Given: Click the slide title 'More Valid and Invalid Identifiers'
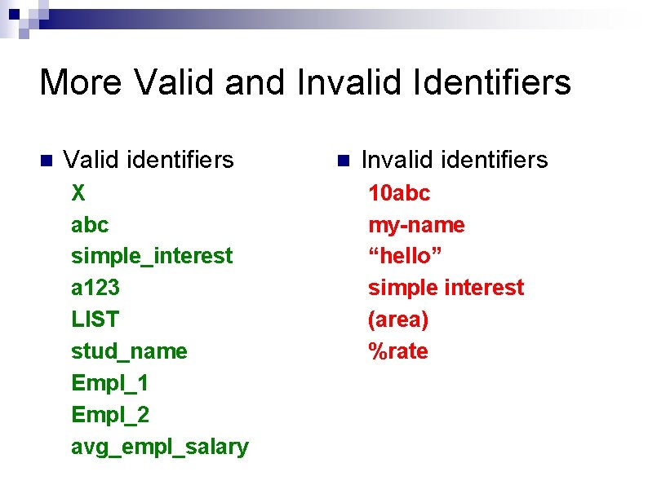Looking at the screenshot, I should (x=305, y=83).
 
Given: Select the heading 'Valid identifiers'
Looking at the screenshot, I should (x=149, y=160).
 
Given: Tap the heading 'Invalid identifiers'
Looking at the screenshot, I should (x=455, y=160).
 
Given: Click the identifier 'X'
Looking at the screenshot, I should (x=78, y=193).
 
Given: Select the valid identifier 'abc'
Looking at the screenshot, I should (x=90, y=224).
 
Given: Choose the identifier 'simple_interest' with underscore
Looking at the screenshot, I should (x=152, y=256).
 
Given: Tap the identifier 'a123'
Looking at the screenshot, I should (x=95, y=288).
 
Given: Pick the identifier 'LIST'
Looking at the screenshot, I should (x=95, y=320).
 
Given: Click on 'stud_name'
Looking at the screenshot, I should (x=129, y=351).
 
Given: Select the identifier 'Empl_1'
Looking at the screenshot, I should (x=110, y=383).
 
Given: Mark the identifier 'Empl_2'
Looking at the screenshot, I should (x=110, y=415).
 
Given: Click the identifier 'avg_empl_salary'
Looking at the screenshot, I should (x=160, y=447).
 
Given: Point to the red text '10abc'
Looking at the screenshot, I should (x=399, y=193).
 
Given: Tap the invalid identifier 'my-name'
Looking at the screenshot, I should (x=416, y=224).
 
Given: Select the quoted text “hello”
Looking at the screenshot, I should (x=405, y=256).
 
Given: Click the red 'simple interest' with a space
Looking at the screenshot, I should (x=446, y=288).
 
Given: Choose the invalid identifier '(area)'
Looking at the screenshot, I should (x=398, y=320).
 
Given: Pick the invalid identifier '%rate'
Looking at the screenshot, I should (x=398, y=351).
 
